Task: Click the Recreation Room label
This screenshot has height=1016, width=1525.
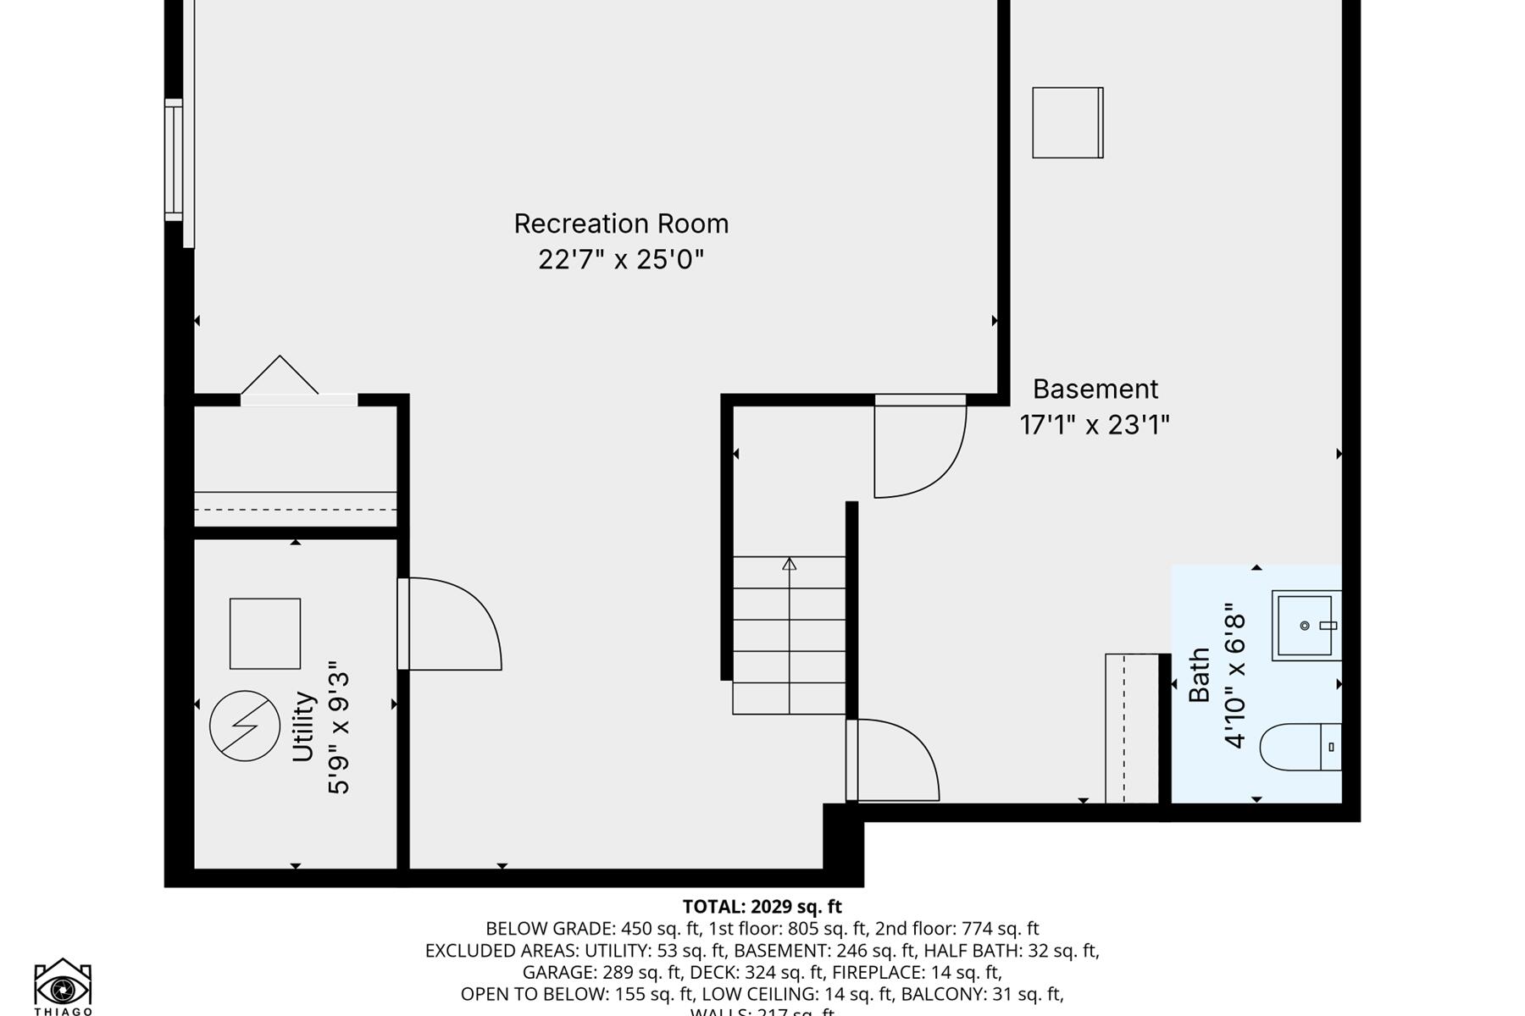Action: [x=621, y=224]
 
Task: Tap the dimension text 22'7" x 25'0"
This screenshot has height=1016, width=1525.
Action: [x=621, y=259]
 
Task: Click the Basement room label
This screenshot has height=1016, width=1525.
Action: [x=1095, y=389]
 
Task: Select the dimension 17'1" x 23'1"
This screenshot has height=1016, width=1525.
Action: [x=1094, y=424]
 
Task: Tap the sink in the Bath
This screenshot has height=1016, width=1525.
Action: [x=1306, y=626]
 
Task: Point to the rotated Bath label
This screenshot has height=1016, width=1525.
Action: [x=1199, y=675]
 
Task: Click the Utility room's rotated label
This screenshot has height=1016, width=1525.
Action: [x=303, y=726]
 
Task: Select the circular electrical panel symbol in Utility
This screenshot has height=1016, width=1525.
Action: [x=245, y=726]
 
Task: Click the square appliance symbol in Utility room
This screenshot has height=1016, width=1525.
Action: [x=265, y=633]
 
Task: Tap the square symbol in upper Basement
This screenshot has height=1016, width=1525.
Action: [x=1067, y=123]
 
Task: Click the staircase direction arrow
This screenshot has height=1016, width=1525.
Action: [x=790, y=565]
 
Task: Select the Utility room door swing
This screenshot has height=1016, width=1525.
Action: [x=449, y=624]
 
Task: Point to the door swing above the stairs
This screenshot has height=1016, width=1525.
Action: [x=918, y=449]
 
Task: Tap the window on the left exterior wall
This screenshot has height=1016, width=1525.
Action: [x=174, y=160]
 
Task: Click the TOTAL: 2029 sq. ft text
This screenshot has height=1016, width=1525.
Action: [x=762, y=907]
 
